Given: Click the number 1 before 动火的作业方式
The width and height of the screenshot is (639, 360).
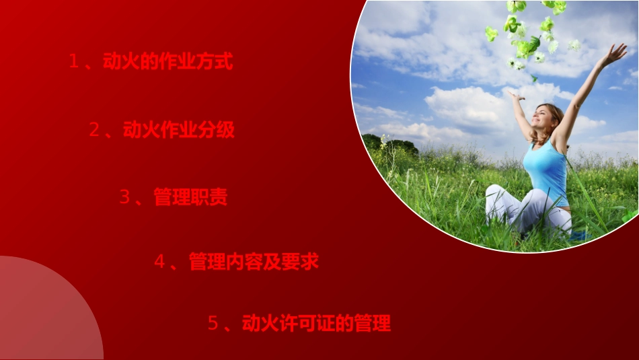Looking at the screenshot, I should coord(74,63).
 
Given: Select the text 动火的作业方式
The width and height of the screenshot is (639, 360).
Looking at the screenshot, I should coord(167,63).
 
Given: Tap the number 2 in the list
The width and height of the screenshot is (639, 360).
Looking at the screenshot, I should coord(94,130).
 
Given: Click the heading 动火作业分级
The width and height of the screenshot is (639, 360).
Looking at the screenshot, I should coord(179,130).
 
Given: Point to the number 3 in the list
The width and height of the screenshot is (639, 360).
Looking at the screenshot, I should coord(124,197).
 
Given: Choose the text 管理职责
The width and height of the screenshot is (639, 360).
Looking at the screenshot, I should coord(190,197).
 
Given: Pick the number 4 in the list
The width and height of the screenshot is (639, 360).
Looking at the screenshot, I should coord(159,262).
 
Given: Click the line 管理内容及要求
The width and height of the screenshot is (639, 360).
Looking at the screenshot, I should coord(254,262).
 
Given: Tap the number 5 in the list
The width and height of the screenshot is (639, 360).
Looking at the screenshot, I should coord(213,324).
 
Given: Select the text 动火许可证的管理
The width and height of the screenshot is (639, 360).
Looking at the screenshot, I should coord(316,324).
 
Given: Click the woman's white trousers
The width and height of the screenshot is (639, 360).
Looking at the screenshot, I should coord(528,209).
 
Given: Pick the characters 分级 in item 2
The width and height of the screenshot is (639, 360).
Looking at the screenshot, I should coord(218,130).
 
